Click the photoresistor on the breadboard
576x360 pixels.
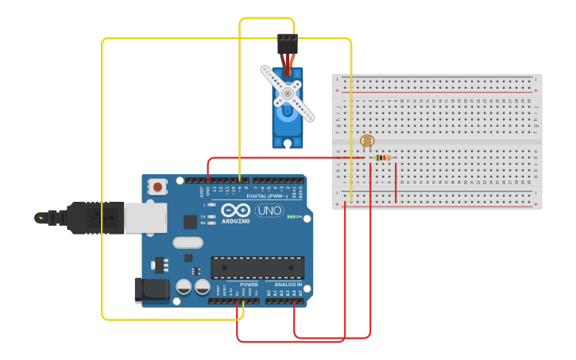pyautogui.click(x=366, y=141)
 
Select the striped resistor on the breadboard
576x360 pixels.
pyautogui.click(x=383, y=157)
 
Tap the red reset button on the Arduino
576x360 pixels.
pyautogui.click(x=158, y=188)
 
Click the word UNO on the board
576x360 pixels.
pyautogui.click(x=269, y=211)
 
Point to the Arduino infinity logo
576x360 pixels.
pyautogui.click(x=236, y=211)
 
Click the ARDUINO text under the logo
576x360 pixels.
pyautogui.click(x=236, y=222)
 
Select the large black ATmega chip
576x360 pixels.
pyautogui.click(x=257, y=267)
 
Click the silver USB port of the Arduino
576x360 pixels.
pyautogui.click(x=145, y=218)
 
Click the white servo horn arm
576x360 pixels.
pyautogui.click(x=288, y=93)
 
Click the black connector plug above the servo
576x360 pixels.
pyautogui.click(x=288, y=44)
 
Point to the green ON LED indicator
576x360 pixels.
pyautogui.click(x=291, y=216)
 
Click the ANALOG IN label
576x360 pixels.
pyautogui.click(x=288, y=285)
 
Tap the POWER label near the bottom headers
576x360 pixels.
pyautogui.click(x=249, y=285)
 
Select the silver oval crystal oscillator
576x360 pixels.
pyautogui.click(x=187, y=242)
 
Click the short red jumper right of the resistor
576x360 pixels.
pyautogui.click(x=396, y=181)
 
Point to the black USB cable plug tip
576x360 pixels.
pyautogui.click(x=41, y=218)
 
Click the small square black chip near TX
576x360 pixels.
pyautogui.click(x=191, y=222)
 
